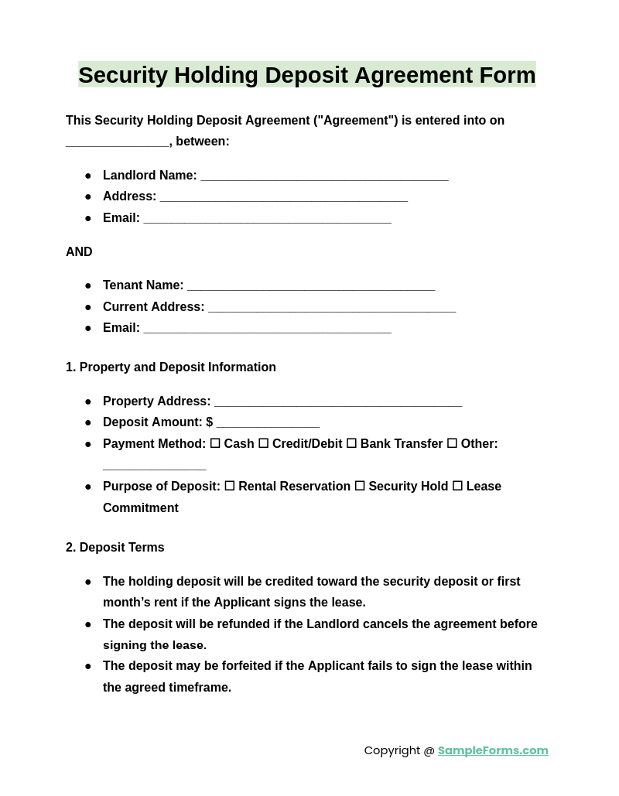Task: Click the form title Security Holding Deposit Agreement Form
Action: coord(307,75)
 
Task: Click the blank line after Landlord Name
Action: coord(324,176)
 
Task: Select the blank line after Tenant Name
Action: coord(311,286)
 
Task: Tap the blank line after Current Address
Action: coord(332,308)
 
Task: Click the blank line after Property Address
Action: coord(338,402)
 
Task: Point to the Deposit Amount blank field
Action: coord(268,423)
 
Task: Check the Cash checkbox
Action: coord(215,443)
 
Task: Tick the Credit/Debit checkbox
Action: coord(263,443)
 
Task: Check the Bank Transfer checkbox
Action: coord(351,443)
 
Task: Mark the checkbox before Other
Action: coord(452,443)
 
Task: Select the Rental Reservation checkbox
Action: coord(230,486)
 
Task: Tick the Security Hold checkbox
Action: coord(360,486)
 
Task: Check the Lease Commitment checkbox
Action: coord(457,486)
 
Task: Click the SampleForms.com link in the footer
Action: coord(493,750)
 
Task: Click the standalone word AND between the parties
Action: coord(79,252)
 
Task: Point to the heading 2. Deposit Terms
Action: coord(115,548)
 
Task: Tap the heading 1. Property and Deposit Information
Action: coord(171,367)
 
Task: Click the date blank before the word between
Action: coord(117,142)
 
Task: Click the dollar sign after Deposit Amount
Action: coord(209,422)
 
